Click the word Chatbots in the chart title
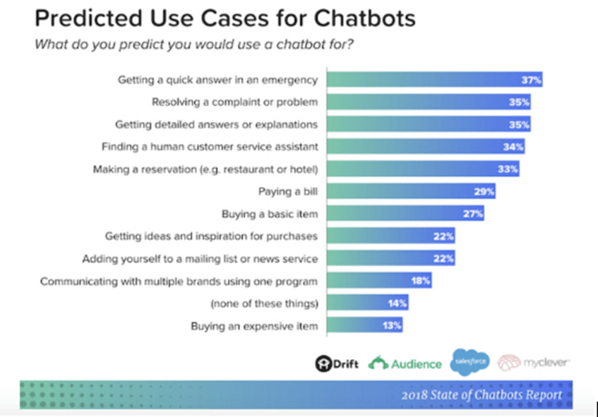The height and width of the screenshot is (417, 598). (x=364, y=18)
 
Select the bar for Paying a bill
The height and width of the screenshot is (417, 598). (x=411, y=191)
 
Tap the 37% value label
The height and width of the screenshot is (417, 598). (x=531, y=80)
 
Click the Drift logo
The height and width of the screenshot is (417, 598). (x=337, y=363)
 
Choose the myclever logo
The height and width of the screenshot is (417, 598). (x=534, y=362)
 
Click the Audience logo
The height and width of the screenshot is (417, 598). (x=405, y=363)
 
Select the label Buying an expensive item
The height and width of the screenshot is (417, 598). (x=254, y=326)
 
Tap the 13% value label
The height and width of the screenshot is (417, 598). (x=392, y=325)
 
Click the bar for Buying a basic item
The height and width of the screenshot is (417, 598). (x=405, y=214)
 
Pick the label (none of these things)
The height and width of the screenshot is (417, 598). (x=264, y=304)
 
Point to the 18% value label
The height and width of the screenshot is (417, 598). (x=421, y=281)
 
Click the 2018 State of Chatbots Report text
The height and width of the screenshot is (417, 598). (x=482, y=395)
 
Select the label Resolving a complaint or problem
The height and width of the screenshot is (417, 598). (x=234, y=102)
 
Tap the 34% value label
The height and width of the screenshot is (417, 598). (x=513, y=147)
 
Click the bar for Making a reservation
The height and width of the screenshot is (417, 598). (x=423, y=169)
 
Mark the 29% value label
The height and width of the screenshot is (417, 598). (x=484, y=191)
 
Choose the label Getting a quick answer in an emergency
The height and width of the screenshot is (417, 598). (x=217, y=80)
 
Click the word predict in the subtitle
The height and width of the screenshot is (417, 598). (x=142, y=44)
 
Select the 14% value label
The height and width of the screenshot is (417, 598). (x=397, y=303)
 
